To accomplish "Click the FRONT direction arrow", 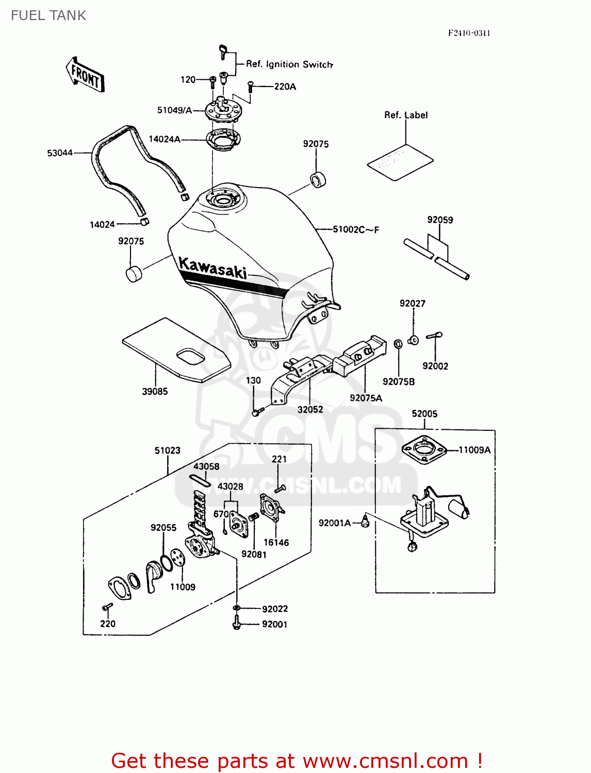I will (85, 75).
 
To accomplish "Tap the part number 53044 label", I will (60, 153).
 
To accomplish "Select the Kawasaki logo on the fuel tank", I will (212, 268).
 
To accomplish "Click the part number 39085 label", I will (155, 392).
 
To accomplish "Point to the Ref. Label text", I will (406, 115).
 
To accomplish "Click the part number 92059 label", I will (440, 220).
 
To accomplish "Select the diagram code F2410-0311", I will (469, 33).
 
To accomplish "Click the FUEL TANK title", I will (48, 15).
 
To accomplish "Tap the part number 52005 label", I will (424, 414).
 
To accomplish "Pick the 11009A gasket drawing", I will (423, 450).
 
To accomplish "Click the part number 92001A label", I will (334, 523).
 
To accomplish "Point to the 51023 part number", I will (168, 450).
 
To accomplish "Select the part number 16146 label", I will (276, 543).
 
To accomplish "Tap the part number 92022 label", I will (275, 609).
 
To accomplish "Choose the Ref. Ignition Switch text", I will (289, 64).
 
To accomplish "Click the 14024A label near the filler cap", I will (165, 139).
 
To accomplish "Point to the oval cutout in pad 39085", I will (190, 357).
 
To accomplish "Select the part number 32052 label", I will (310, 410).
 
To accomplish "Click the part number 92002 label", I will (435, 366).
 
